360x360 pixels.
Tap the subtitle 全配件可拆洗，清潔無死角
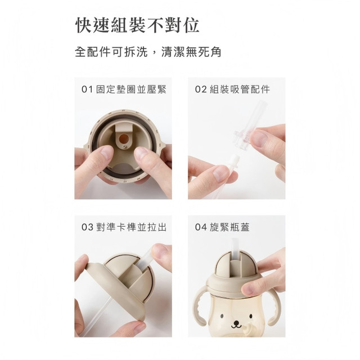[x=147, y=52]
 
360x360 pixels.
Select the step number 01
[x=87, y=89]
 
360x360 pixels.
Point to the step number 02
[x=201, y=89]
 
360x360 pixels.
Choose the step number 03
[x=87, y=228]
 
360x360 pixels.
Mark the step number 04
[x=201, y=228]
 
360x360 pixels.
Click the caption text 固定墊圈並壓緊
[x=131, y=89]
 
